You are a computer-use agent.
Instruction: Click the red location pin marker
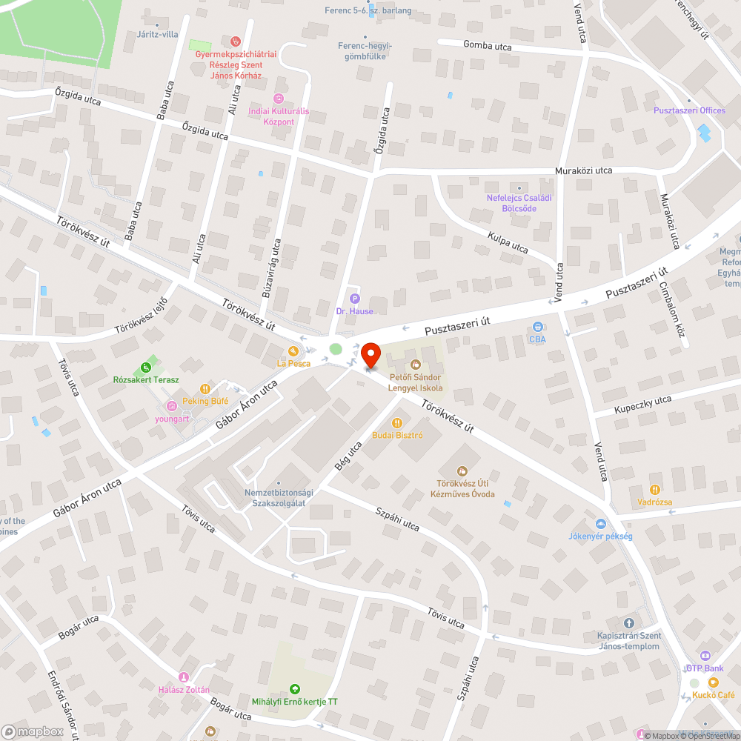(x=371, y=355)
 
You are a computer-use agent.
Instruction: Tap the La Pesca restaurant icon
(x=293, y=350)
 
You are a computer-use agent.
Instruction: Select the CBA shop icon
(x=538, y=327)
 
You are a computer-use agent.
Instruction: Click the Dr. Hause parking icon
(x=354, y=299)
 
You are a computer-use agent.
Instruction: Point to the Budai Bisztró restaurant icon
(x=397, y=422)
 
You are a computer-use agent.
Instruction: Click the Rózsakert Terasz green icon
(x=146, y=367)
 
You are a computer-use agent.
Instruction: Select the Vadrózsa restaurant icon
(x=655, y=489)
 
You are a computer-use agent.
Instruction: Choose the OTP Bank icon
(x=704, y=656)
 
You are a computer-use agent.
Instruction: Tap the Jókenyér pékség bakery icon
(x=601, y=523)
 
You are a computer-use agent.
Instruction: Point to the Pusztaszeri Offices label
(x=689, y=110)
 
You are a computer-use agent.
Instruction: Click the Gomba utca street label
(x=487, y=46)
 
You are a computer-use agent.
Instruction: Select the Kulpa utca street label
(x=508, y=242)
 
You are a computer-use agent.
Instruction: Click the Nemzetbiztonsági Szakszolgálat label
(x=279, y=498)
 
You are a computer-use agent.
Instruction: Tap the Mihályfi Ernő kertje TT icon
(x=295, y=688)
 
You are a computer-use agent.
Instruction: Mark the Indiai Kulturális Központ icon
(x=279, y=99)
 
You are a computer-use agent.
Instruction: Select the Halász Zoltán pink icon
(x=184, y=677)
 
